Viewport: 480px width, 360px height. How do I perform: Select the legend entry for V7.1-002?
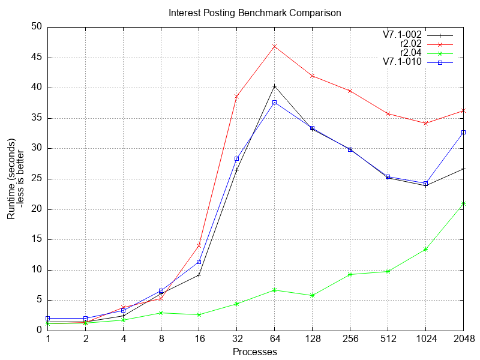(x=402, y=35)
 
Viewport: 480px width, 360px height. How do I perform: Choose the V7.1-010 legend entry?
(x=402, y=62)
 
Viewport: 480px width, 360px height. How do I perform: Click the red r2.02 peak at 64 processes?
(x=275, y=46)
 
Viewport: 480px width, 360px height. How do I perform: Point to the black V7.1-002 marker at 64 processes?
(x=275, y=86)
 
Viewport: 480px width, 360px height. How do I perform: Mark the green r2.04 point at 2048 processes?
(x=463, y=204)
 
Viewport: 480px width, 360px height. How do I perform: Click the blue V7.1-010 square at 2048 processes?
(x=463, y=132)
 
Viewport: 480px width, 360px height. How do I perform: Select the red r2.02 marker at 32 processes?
(x=237, y=97)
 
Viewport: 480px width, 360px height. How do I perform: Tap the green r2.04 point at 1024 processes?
(x=425, y=249)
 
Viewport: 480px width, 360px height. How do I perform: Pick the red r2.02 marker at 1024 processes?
(x=425, y=123)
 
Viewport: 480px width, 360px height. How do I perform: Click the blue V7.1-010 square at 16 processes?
(x=199, y=262)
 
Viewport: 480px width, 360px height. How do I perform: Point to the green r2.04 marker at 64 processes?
(x=275, y=290)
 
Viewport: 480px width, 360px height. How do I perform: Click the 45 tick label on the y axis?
(x=37, y=58)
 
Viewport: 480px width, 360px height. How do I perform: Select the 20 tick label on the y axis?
(x=37, y=209)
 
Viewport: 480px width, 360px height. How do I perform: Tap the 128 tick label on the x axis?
(x=312, y=339)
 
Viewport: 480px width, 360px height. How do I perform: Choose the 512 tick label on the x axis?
(x=388, y=339)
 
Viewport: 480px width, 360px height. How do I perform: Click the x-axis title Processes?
(x=255, y=352)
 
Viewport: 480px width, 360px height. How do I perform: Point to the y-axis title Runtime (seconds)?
(x=11, y=178)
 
